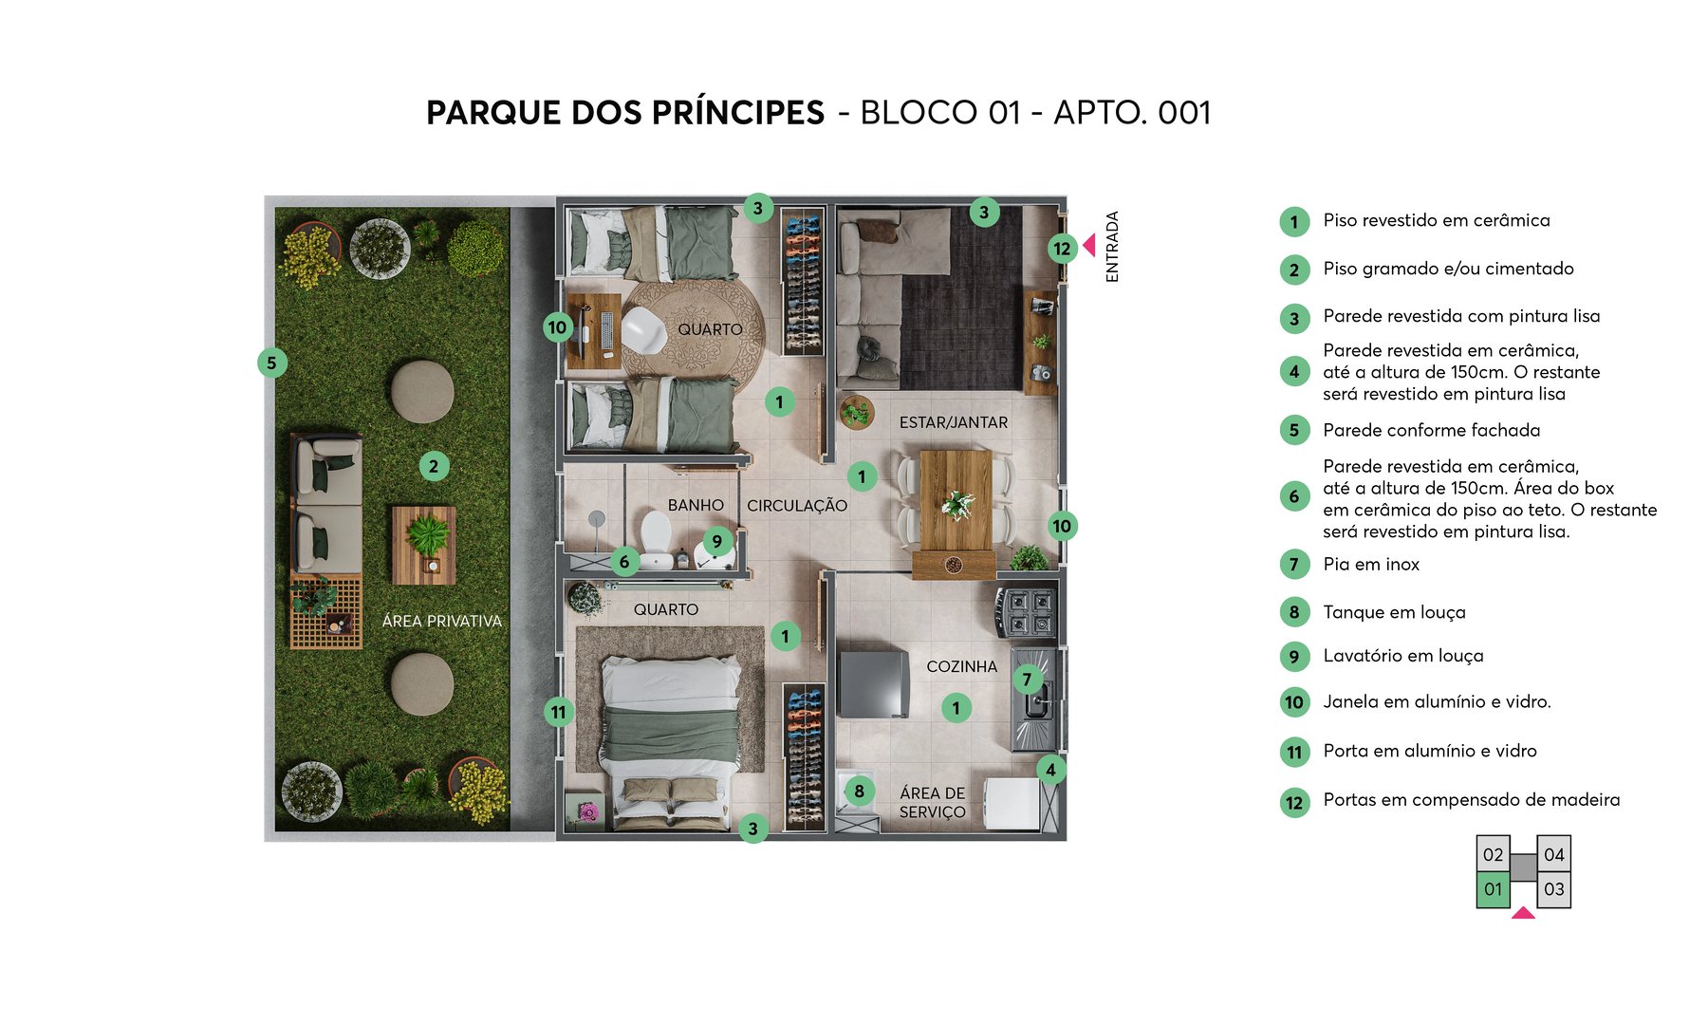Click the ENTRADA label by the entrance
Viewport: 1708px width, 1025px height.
pyautogui.click(x=1112, y=247)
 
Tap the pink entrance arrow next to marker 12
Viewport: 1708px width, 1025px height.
pyautogui.click(x=1089, y=246)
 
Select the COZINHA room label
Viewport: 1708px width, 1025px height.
pyautogui.click(x=961, y=666)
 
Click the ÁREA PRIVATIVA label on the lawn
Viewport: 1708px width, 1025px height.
pyautogui.click(x=441, y=621)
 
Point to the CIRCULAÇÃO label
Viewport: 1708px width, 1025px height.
pyautogui.click(x=796, y=506)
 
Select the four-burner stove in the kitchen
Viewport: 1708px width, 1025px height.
pyautogui.click(x=1026, y=612)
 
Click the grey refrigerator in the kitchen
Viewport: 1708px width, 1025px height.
pyautogui.click(x=873, y=683)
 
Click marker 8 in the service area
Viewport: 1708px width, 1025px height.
pyautogui.click(x=859, y=791)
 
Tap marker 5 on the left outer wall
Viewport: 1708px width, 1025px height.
pyautogui.click(x=271, y=363)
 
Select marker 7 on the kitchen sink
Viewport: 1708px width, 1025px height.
pyautogui.click(x=1027, y=679)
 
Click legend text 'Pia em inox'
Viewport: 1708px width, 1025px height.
pyautogui.click(x=1371, y=565)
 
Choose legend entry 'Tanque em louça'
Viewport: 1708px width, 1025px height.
pyautogui.click(x=1394, y=612)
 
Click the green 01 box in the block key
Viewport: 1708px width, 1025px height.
pyautogui.click(x=1493, y=889)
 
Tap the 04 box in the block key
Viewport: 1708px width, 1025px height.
pyautogui.click(x=1553, y=854)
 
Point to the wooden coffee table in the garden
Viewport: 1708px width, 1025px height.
pyautogui.click(x=423, y=545)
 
